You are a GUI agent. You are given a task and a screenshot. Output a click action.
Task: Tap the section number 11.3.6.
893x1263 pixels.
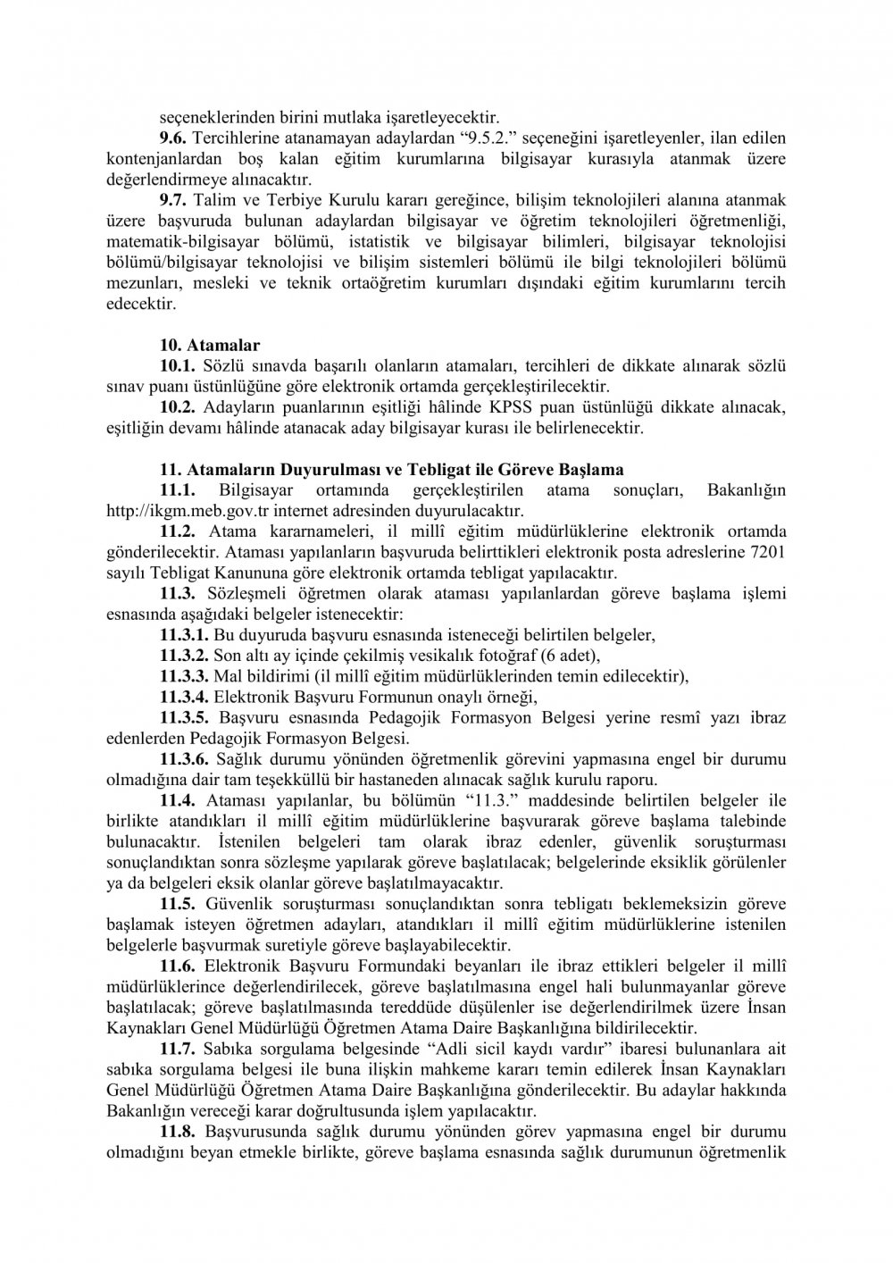(x=184, y=759)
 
